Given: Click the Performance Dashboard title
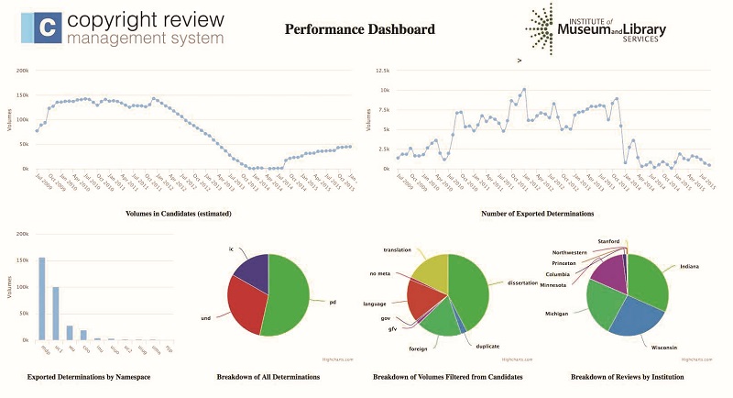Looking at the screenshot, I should (359, 29).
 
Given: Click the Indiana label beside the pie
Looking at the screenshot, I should (690, 267).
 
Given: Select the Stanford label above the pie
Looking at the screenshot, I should (609, 241).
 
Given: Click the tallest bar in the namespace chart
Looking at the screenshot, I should (42, 299).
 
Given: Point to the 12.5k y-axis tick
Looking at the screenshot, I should (381, 70).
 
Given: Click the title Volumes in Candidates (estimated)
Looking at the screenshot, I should (178, 214).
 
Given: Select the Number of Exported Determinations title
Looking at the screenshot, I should (538, 214).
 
